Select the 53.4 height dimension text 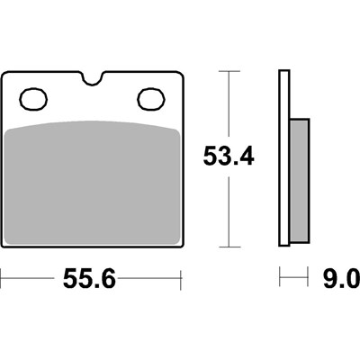pos(229,156)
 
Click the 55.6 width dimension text pos(89,278)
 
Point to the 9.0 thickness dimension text pos(341,278)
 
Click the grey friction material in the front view pos(93,183)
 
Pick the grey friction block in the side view pos(300,181)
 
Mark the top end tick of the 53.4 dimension pos(229,71)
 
